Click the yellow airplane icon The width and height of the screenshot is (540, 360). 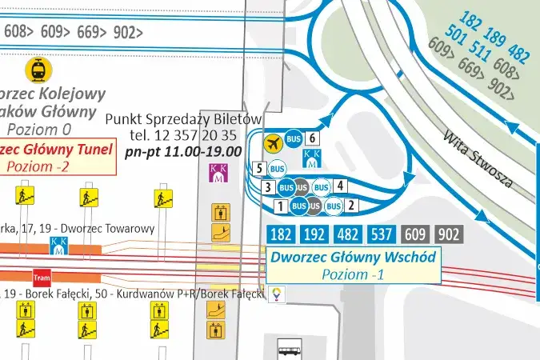274,143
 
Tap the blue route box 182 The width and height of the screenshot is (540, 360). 282,234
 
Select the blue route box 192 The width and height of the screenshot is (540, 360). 315,234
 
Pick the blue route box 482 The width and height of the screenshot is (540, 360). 349,234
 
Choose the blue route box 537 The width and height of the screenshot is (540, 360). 382,234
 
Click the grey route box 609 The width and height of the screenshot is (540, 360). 416,234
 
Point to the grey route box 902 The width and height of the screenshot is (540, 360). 450,234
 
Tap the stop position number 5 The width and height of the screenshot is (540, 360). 259,168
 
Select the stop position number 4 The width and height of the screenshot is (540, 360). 340,186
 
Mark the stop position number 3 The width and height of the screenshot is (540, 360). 269,187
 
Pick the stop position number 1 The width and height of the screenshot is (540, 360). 280,206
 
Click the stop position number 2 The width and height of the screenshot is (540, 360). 350,206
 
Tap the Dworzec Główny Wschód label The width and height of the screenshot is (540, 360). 353,258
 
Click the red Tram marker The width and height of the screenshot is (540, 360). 42,278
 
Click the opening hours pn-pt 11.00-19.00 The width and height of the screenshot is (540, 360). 183,150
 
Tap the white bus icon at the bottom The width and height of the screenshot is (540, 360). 289,348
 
